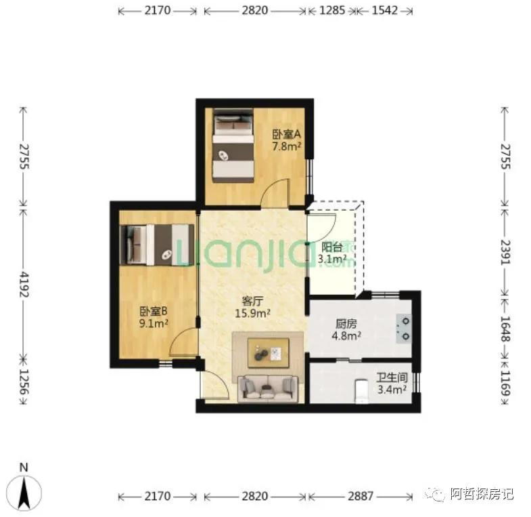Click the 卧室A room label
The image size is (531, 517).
pyautogui.click(x=287, y=134)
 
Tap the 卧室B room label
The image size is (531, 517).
pyautogui.click(x=154, y=312)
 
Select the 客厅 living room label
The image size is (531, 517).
pyautogui.click(x=252, y=301)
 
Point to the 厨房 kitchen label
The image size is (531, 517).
pyautogui.click(x=345, y=324)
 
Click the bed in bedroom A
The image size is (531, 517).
pyautogui.click(x=232, y=146)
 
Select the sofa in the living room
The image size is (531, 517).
pyautogui.click(x=269, y=388)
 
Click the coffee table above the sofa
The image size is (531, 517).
pyautogui.click(x=269, y=352)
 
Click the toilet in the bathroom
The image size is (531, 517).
pyautogui.click(x=362, y=391)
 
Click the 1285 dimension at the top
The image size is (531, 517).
pyautogui.click(x=330, y=11)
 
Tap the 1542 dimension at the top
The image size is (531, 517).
pyautogui.click(x=383, y=11)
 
